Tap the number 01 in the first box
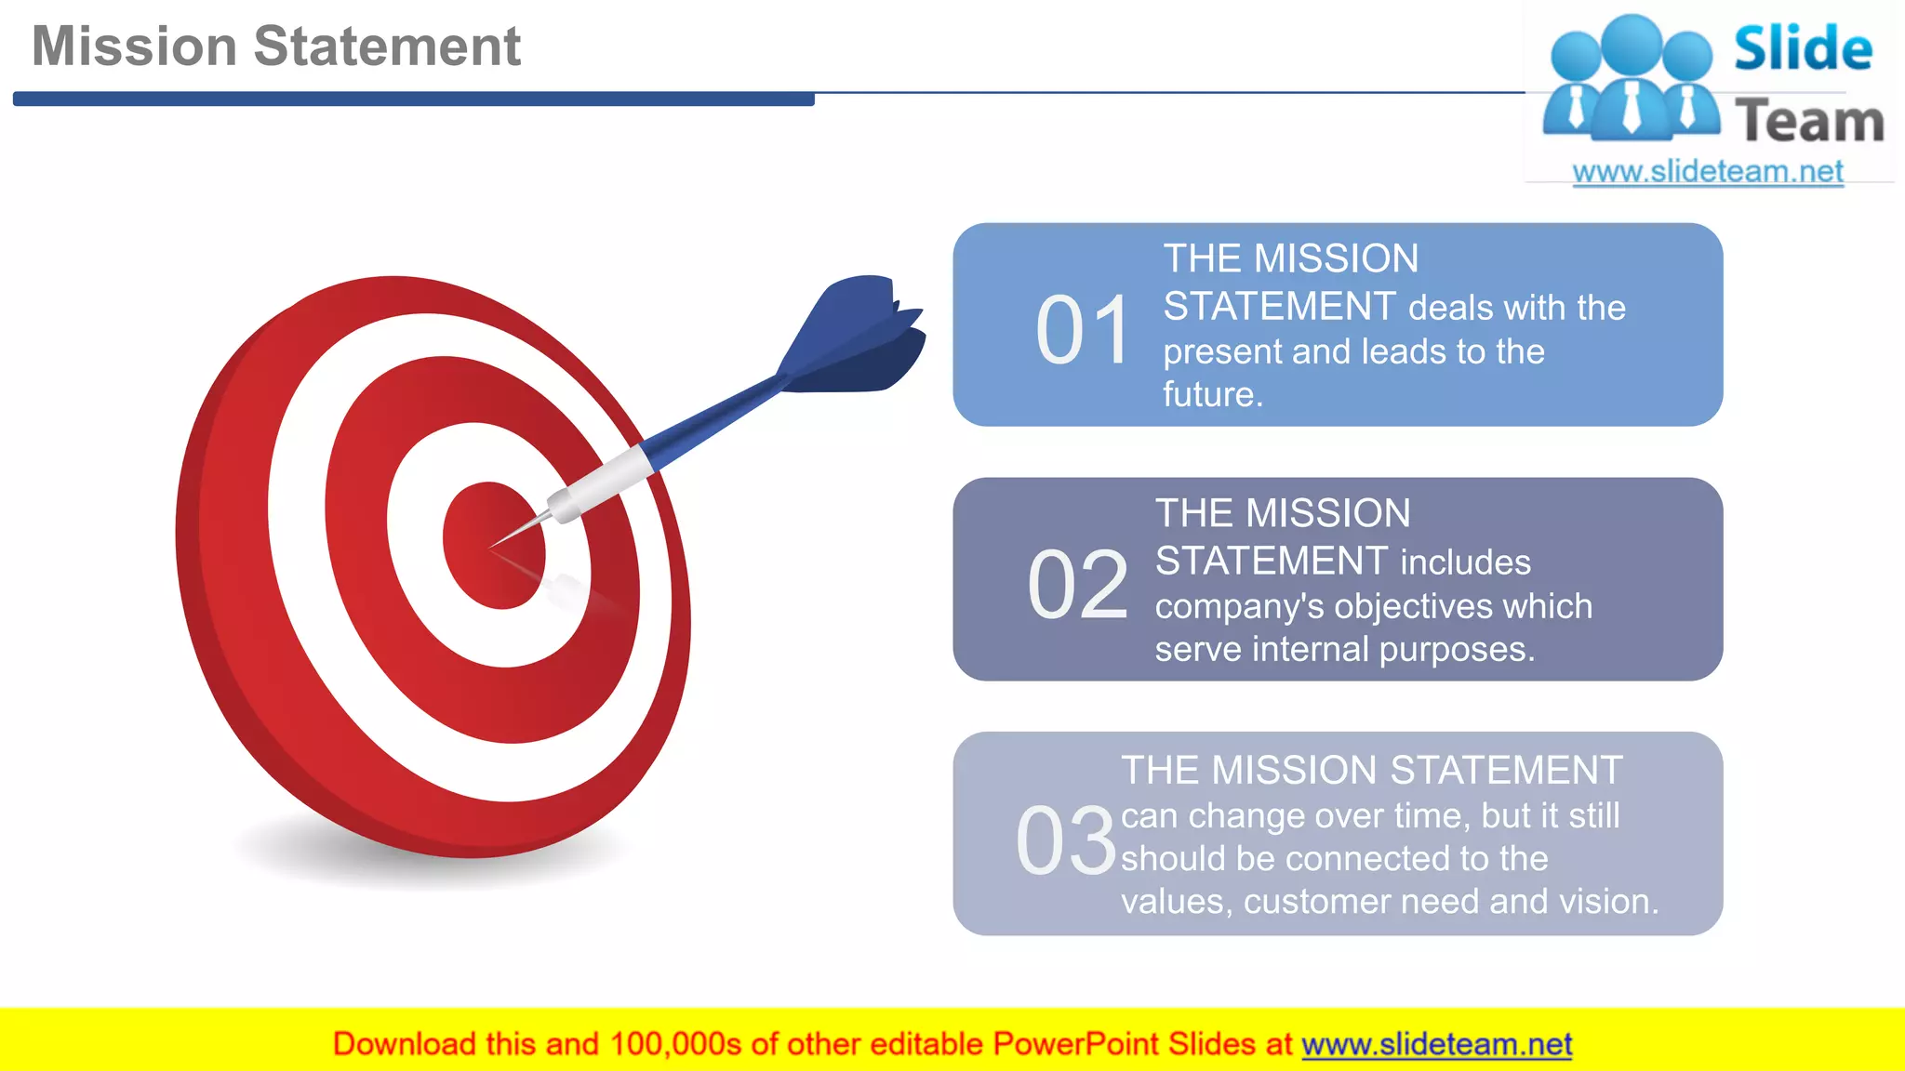(1083, 330)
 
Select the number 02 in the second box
(1077, 585)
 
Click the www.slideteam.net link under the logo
(1707, 172)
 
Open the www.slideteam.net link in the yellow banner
(1436, 1045)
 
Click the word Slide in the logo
(1802, 48)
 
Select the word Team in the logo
(1809, 122)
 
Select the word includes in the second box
(1465, 562)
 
